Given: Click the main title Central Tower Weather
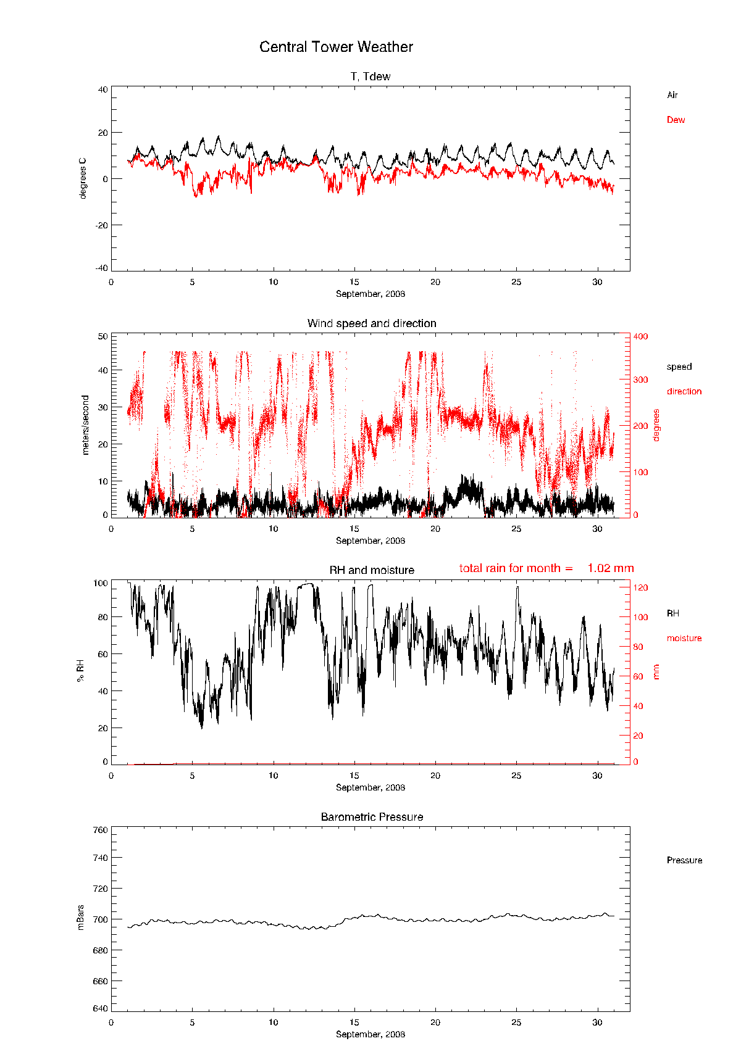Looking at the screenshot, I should pyautogui.click(x=336, y=47).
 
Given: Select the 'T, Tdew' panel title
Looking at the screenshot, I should pyautogui.click(x=371, y=77).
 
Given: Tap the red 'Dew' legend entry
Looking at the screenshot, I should pyautogui.click(x=676, y=120).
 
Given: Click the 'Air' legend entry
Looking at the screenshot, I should pyautogui.click(x=672, y=95).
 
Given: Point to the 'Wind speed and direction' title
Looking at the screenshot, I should pyautogui.click(x=372, y=323).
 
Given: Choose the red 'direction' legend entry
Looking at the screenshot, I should pyautogui.click(x=684, y=391).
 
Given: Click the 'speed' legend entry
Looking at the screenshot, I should pyautogui.click(x=679, y=367).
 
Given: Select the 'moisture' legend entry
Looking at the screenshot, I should pyautogui.click(x=684, y=638).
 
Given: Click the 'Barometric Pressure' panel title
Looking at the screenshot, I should pyautogui.click(x=372, y=817).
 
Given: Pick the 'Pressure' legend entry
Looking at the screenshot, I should pyautogui.click(x=684, y=860).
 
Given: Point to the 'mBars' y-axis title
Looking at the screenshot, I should pyautogui.click(x=81, y=918).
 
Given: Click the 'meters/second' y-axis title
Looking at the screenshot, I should pyautogui.click(x=86, y=425).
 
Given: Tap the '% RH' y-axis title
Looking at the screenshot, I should pyautogui.click(x=80, y=670).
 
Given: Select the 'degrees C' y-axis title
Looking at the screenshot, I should pyautogui.click(x=83, y=178).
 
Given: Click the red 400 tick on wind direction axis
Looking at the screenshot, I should pyautogui.click(x=640, y=336).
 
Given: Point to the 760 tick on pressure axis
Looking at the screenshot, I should pyautogui.click(x=101, y=830).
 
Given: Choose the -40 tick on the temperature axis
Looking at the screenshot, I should pyautogui.click(x=101, y=268).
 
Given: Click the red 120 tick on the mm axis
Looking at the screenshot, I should pyautogui.click(x=640, y=587).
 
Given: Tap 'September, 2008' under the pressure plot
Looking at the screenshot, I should pyautogui.click(x=371, y=1034).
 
